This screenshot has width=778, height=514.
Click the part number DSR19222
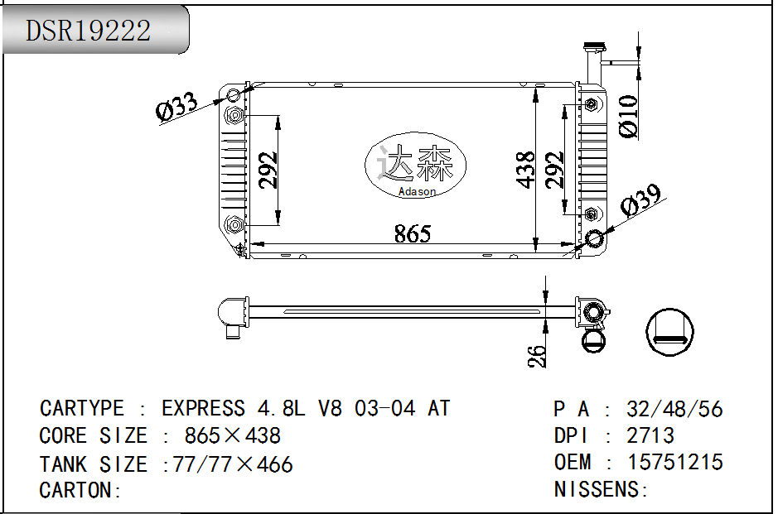pyautogui.click(x=89, y=31)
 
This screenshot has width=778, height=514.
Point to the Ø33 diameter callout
pyautogui.click(x=176, y=108)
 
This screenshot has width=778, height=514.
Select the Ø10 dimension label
pyautogui.click(x=628, y=117)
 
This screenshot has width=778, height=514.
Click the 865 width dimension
pyautogui.click(x=412, y=234)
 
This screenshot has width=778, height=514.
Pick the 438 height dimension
pyautogui.click(x=525, y=170)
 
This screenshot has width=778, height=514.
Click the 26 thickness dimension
pyautogui.click(x=537, y=356)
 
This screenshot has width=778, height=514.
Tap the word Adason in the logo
pyautogui.click(x=416, y=192)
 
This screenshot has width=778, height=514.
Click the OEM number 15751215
pyautogui.click(x=675, y=462)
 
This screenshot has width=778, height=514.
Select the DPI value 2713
pyautogui.click(x=650, y=435)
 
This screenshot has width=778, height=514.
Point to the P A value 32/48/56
pyautogui.click(x=674, y=409)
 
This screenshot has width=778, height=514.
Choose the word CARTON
pyautogui.click(x=76, y=490)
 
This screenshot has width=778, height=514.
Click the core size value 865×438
pyautogui.click(x=233, y=435)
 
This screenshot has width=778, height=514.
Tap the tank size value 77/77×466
pyautogui.click(x=233, y=464)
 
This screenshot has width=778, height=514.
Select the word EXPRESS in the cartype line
pyautogui.click(x=203, y=408)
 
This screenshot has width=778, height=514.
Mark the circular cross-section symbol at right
pyautogui.click(x=669, y=332)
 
